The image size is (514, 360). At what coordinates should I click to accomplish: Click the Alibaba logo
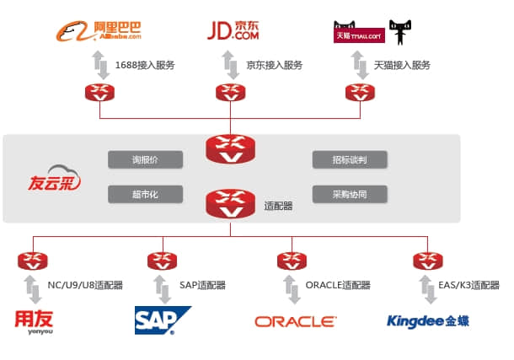click(x=99, y=31)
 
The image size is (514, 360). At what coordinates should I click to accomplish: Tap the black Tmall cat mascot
click(x=401, y=32)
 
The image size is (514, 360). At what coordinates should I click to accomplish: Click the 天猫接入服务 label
click(x=402, y=65)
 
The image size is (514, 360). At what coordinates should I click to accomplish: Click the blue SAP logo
click(x=162, y=320)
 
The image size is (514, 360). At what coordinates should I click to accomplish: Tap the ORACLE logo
click(x=295, y=321)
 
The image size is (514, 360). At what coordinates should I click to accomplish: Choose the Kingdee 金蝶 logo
click(x=427, y=321)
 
